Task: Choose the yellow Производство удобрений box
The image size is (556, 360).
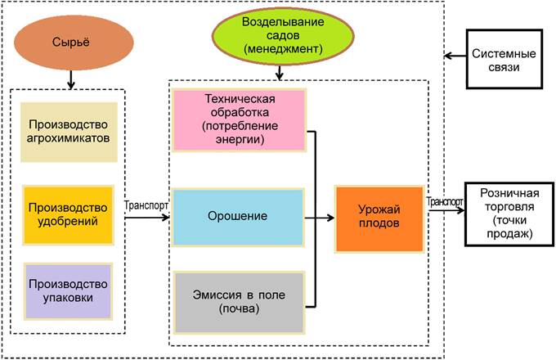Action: pos(68,215)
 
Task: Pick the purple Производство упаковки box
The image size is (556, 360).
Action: pos(68,290)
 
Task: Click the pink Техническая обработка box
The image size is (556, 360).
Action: pos(239,120)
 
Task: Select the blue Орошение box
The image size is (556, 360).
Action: pos(239,217)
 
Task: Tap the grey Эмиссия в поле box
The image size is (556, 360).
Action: pos(239,303)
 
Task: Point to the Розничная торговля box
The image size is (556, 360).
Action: pos(509,214)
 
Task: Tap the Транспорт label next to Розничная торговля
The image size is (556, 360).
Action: pos(446,201)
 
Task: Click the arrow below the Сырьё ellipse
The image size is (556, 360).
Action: pos(71,80)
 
